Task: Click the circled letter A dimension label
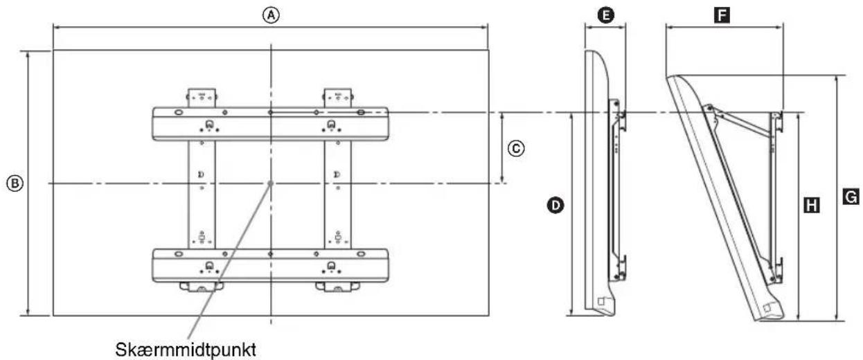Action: click(x=271, y=15)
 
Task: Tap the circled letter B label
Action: click(x=15, y=183)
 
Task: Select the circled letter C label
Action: click(x=516, y=148)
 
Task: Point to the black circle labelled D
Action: click(x=555, y=206)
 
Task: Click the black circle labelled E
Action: click(x=605, y=15)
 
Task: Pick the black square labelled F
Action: click(x=722, y=15)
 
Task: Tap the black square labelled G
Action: click(x=851, y=197)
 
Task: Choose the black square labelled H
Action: click(x=812, y=205)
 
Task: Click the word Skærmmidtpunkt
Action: click(x=186, y=350)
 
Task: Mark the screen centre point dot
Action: click(x=270, y=183)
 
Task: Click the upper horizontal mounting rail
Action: click(x=270, y=124)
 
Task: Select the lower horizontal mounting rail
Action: click(x=270, y=266)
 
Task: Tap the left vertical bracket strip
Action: click(x=202, y=195)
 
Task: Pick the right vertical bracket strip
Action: click(x=338, y=195)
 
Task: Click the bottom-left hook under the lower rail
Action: click(x=201, y=287)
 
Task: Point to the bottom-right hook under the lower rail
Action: click(x=337, y=287)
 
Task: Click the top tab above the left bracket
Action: click(x=202, y=98)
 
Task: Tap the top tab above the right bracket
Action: click(x=338, y=98)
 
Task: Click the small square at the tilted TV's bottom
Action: click(x=767, y=307)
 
